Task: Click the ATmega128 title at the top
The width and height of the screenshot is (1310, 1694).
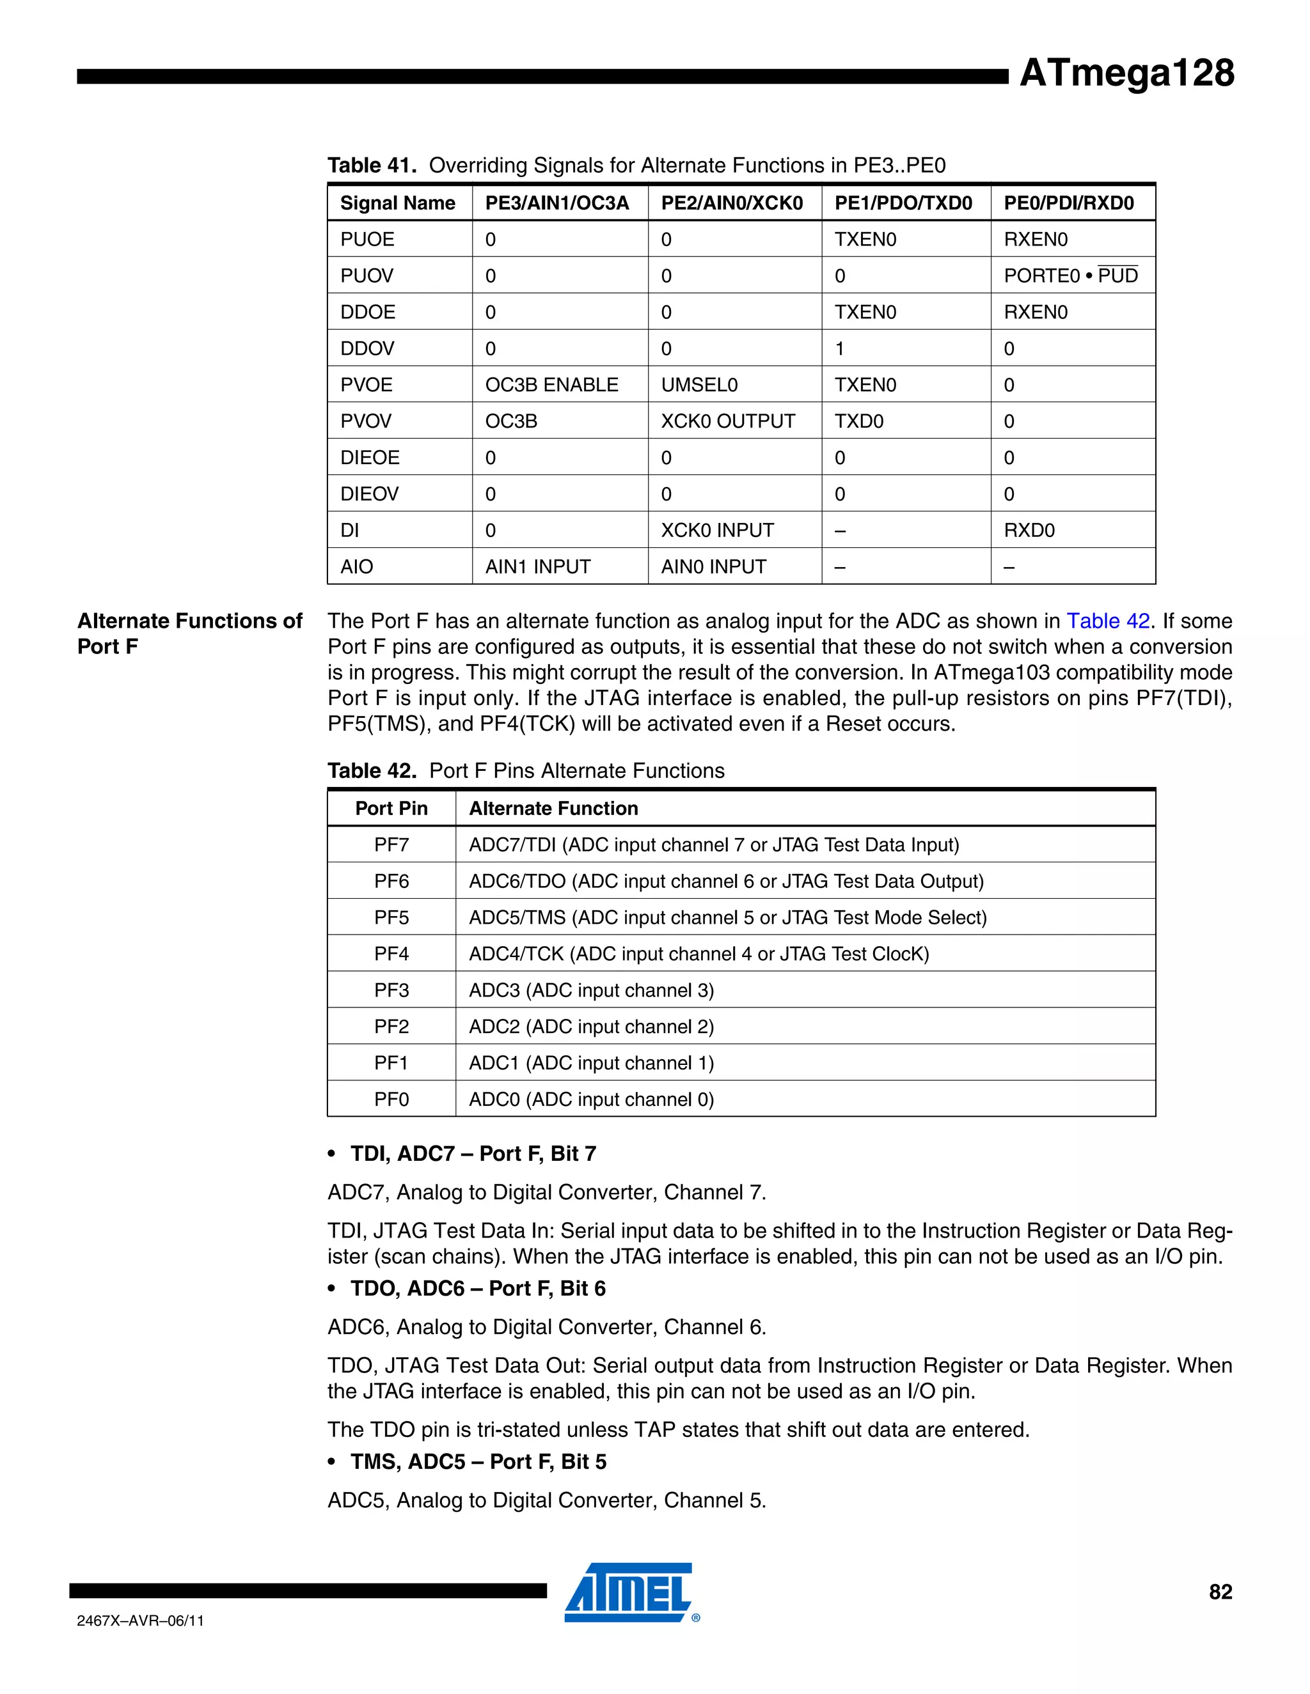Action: [1126, 74]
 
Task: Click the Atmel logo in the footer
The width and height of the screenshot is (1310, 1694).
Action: [629, 1592]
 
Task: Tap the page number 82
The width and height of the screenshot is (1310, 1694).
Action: [1220, 1592]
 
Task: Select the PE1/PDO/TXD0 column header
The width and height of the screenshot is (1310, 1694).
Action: [903, 203]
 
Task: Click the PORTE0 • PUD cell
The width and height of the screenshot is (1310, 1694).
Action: [1070, 276]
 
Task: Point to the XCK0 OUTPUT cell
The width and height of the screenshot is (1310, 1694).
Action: [727, 421]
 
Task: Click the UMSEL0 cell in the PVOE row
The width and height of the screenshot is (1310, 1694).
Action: [698, 385]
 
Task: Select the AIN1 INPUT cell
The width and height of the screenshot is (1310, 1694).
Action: [537, 567]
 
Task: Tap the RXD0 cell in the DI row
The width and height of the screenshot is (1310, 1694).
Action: [1029, 531]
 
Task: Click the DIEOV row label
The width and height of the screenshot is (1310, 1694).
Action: [370, 494]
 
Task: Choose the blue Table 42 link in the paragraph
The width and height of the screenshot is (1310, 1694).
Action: [1107, 621]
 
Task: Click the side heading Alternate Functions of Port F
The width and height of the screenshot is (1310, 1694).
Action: [189, 633]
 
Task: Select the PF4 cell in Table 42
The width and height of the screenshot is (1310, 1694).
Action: [391, 954]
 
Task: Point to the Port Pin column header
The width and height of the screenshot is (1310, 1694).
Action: [391, 808]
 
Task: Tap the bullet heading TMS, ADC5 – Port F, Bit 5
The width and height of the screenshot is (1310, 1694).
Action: [478, 1461]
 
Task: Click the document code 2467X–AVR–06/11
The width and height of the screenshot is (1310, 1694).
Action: [141, 1620]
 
